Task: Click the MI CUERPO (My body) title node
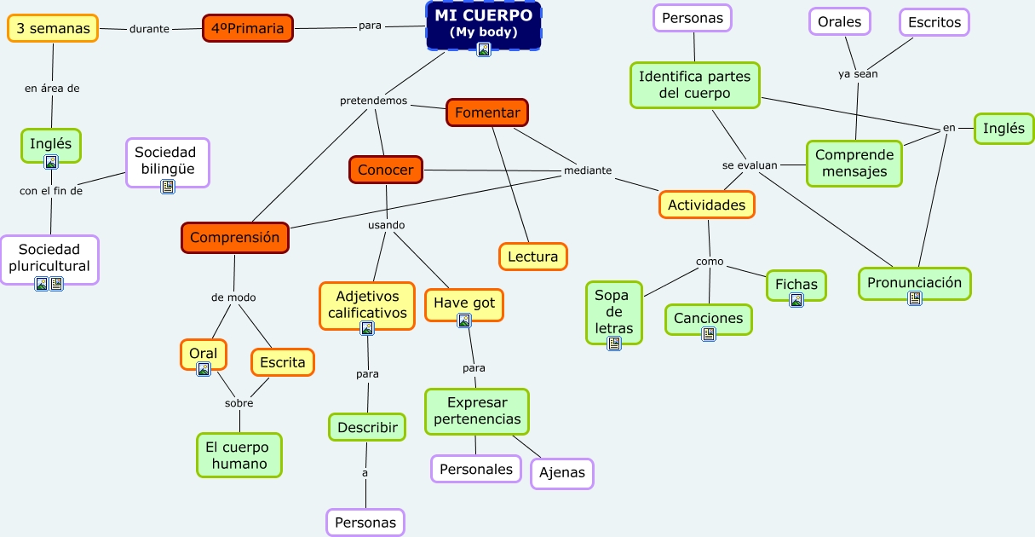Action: [x=483, y=26]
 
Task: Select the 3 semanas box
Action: [x=53, y=28]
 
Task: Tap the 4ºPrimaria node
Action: [x=248, y=28]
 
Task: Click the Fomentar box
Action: [x=487, y=113]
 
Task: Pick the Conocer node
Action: [x=385, y=170]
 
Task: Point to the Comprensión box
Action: [x=235, y=237]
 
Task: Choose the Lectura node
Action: [x=532, y=257]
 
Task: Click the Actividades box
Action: [x=706, y=205]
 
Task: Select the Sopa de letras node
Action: [x=613, y=312]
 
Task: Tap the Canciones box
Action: [x=709, y=319]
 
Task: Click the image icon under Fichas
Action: [x=796, y=301]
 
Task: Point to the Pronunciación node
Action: [x=914, y=283]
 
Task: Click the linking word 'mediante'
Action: [x=588, y=170]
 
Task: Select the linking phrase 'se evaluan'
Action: [x=750, y=165]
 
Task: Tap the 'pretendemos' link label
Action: [x=373, y=101]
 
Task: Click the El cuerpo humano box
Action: [x=239, y=455]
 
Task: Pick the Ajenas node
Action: [x=562, y=473]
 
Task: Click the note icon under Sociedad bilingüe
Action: [x=168, y=187]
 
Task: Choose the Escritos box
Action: [x=934, y=22]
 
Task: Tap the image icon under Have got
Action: [x=464, y=320]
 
